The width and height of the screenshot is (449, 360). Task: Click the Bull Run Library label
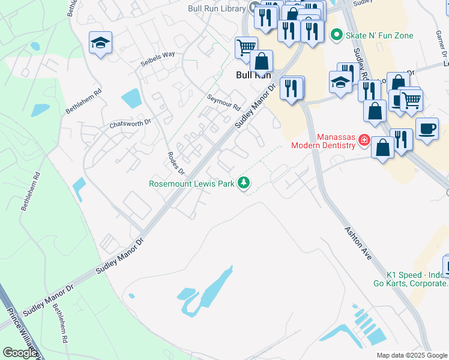point(217,8)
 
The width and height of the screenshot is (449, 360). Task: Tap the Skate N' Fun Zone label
point(379,36)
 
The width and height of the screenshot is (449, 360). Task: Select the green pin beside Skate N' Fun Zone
point(336,35)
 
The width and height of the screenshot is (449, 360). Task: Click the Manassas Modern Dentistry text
point(324,140)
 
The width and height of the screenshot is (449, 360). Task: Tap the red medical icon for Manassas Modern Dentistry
point(363,140)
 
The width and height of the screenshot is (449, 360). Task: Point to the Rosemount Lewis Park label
point(191,184)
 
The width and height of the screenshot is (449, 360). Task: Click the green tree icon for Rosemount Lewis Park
point(244,182)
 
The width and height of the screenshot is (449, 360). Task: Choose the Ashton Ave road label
point(358,242)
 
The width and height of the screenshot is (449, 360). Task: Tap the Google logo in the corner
point(20,353)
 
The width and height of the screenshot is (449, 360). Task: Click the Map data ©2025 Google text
point(412,355)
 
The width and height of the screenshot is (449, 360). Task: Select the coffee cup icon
point(427,128)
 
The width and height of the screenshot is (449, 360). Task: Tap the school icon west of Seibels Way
point(101,42)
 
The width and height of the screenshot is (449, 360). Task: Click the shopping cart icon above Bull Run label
point(246,47)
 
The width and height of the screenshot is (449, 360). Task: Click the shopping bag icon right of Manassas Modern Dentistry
point(382,147)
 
